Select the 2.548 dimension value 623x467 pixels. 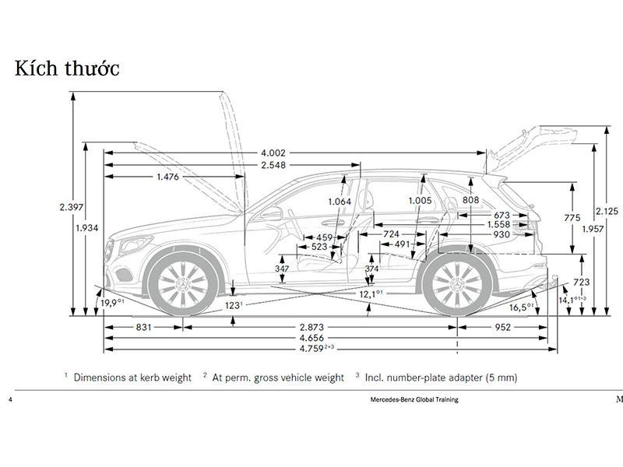[x=273, y=165]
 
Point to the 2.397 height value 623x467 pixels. [x=71, y=207]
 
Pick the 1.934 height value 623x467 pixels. [x=87, y=227]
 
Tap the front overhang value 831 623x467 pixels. [x=143, y=328]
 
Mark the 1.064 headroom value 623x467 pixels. [x=340, y=202]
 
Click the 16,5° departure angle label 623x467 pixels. [x=521, y=307]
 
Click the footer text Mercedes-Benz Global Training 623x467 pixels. [x=414, y=399]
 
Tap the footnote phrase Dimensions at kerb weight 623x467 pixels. [x=132, y=377]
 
